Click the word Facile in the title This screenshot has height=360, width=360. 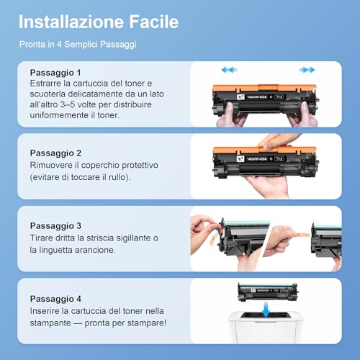coord(154,22)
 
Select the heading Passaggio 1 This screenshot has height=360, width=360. coord(55,73)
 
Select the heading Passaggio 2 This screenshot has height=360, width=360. coord(55,153)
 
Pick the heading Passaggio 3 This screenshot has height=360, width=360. coord(55,226)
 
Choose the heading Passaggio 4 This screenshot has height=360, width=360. coord(55,299)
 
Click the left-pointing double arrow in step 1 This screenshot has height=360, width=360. coord(229,70)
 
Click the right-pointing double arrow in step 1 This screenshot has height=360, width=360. coord(307,70)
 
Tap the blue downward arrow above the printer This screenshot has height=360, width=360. coord(266,310)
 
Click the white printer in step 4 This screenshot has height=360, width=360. coord(265,328)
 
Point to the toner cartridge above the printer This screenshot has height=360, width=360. coord(268,292)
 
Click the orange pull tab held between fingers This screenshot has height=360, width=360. coord(302,235)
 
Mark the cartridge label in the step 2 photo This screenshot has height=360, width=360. coord(261,158)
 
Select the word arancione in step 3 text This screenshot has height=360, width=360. coord(95,250)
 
